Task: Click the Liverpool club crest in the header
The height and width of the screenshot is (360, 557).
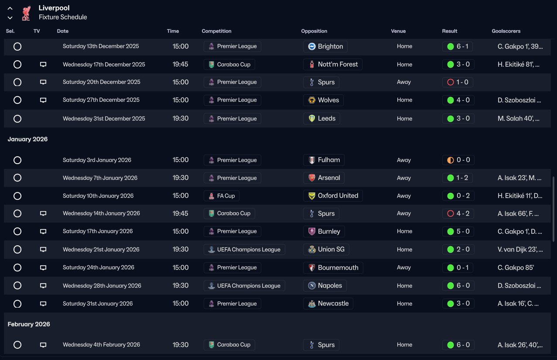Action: tap(26, 13)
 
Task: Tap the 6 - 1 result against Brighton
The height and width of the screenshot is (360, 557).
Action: tap(458, 46)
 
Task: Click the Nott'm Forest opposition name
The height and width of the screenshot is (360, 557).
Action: tap(338, 64)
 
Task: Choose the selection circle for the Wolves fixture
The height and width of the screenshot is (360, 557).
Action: tap(17, 100)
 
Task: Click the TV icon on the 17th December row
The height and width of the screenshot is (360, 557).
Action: tap(43, 64)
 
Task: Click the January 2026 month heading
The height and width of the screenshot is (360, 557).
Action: tap(27, 139)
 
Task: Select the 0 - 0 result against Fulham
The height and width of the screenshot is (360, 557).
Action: tap(458, 160)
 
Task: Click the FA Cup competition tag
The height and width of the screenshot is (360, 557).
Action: tap(221, 196)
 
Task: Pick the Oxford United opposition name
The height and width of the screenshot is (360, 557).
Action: tap(338, 195)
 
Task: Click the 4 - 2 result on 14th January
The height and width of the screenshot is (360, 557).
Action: tap(458, 213)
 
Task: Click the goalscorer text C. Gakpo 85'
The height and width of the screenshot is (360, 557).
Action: tap(516, 267)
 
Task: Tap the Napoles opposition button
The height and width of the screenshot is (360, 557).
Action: tap(325, 285)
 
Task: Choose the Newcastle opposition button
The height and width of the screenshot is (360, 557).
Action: tap(328, 303)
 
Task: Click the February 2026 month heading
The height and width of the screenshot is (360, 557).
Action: tap(29, 324)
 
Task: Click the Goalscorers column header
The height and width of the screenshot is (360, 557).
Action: tap(506, 31)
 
